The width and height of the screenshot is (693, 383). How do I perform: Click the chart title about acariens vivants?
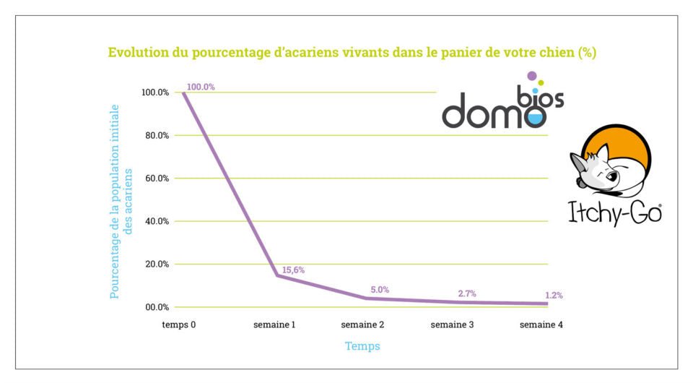[352, 53]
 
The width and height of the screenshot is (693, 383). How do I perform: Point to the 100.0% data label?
[201, 87]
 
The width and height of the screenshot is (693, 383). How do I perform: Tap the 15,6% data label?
[293, 270]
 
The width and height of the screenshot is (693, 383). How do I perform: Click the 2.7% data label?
[468, 293]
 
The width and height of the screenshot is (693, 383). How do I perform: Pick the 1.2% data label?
[554, 295]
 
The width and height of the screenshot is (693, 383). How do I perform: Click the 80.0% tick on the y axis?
[155, 135]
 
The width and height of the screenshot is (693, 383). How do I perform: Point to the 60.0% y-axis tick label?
[155, 178]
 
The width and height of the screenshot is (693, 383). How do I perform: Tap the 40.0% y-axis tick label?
[155, 221]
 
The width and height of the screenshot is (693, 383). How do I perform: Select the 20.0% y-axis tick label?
[155, 264]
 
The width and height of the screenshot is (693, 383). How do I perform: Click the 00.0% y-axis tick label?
[155, 307]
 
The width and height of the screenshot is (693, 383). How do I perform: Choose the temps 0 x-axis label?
[179, 325]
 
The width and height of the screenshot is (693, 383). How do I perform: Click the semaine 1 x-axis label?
[274, 325]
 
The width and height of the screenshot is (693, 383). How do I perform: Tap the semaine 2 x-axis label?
[362, 325]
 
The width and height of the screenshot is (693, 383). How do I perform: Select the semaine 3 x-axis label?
[452, 325]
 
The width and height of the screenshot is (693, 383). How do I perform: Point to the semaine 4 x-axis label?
[541, 325]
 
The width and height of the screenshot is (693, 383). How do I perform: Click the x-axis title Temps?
[362, 346]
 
